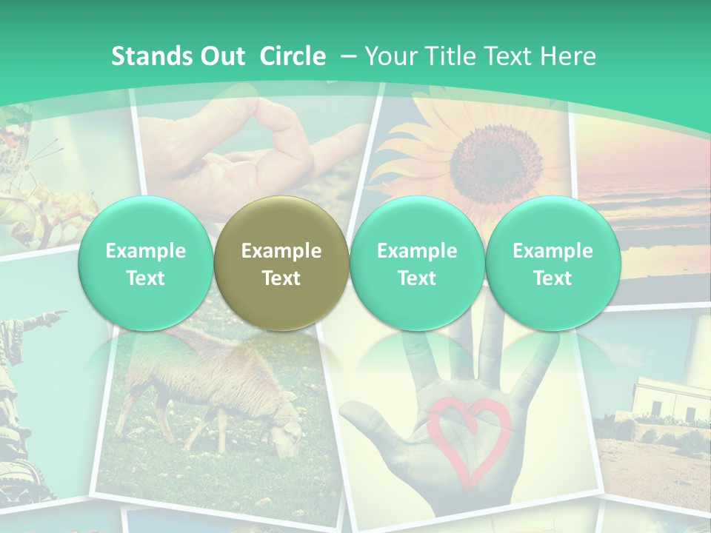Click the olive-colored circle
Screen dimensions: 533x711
pos(281,264)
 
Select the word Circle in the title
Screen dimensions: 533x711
pos(293,56)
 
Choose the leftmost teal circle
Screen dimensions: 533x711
pos(146,264)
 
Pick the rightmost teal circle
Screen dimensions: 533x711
pos(553,264)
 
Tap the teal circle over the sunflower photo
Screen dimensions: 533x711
pos(417,264)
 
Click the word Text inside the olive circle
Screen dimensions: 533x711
pos(281,278)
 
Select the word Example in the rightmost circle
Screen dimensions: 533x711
pos(553,251)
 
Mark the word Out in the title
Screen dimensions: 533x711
pos(220,56)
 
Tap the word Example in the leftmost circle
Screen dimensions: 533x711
pos(146,251)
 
